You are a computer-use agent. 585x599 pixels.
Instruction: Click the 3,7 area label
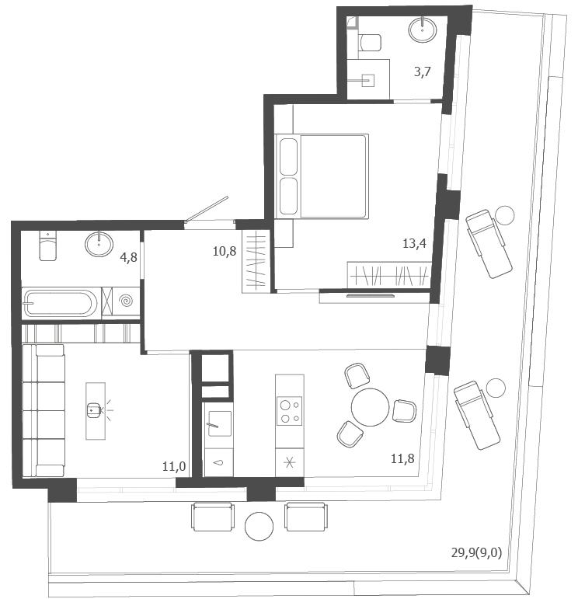point(422,71)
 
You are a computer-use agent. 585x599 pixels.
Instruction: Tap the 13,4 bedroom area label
point(414,243)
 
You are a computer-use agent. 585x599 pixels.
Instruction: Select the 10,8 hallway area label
point(225,251)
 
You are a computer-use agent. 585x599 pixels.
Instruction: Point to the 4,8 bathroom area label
point(128,257)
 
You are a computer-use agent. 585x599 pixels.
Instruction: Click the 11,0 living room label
point(174,466)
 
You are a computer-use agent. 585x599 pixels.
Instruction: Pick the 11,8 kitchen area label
point(402,458)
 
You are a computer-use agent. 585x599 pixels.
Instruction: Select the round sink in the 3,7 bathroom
point(422,29)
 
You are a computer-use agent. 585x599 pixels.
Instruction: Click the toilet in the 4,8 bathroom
point(48,246)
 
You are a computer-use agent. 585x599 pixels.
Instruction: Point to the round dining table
point(370,407)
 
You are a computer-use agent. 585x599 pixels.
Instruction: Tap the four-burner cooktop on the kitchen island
point(289,411)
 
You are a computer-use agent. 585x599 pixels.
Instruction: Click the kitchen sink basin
point(219,423)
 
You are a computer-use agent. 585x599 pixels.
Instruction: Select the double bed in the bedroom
point(322,176)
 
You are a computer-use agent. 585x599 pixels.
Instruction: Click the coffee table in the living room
point(96,411)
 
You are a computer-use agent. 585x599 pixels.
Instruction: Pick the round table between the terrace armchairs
point(259,526)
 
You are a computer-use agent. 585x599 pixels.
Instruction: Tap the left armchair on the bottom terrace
point(212,517)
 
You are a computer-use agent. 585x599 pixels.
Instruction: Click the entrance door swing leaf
point(207,209)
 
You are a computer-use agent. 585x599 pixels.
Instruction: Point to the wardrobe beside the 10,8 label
point(256,263)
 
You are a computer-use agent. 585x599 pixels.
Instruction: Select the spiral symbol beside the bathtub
point(126,301)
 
